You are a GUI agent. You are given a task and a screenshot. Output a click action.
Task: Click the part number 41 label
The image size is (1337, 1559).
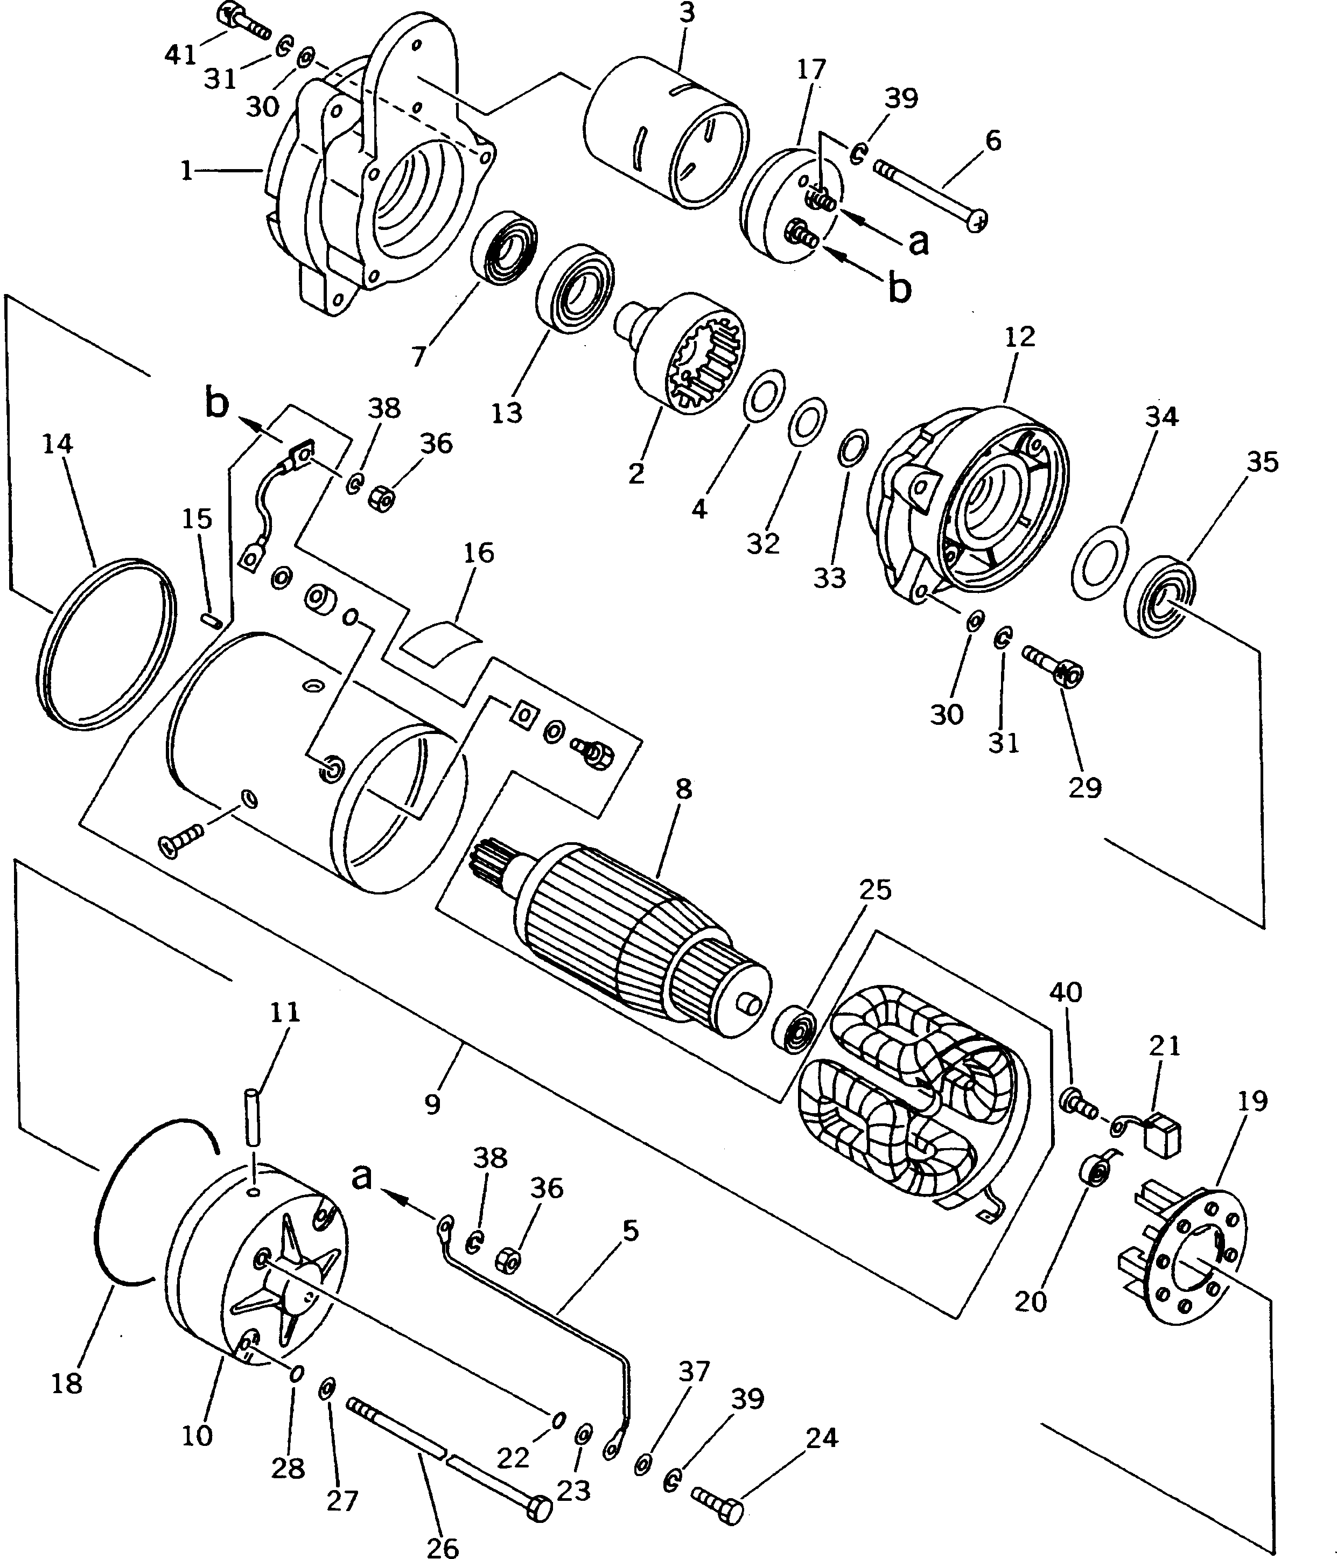pos(180,54)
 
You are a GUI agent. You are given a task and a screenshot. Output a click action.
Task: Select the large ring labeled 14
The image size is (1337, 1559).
pos(106,644)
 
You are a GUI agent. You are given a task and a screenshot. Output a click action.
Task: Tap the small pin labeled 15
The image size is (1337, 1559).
pos(212,618)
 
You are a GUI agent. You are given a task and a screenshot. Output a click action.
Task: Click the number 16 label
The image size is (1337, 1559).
pos(479,553)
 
